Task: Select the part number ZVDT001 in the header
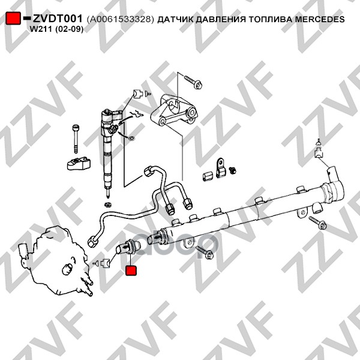click(x=57, y=19)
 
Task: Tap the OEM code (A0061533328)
click(x=121, y=19)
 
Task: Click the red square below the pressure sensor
click(x=131, y=271)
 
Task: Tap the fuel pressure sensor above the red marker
click(x=127, y=245)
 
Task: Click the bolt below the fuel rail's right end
click(x=319, y=224)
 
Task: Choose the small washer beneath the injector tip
click(x=107, y=205)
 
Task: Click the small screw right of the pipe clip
click(x=233, y=171)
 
